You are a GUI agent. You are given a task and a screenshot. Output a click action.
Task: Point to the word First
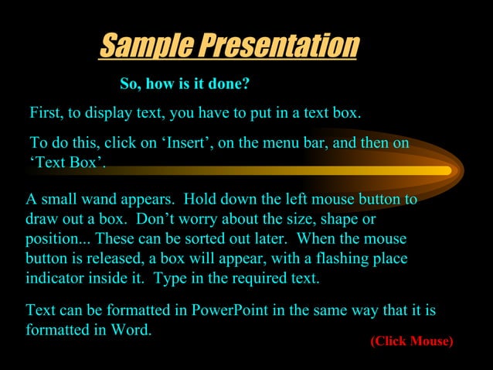[46, 113]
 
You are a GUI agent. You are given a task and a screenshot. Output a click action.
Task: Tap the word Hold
[201, 199]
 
